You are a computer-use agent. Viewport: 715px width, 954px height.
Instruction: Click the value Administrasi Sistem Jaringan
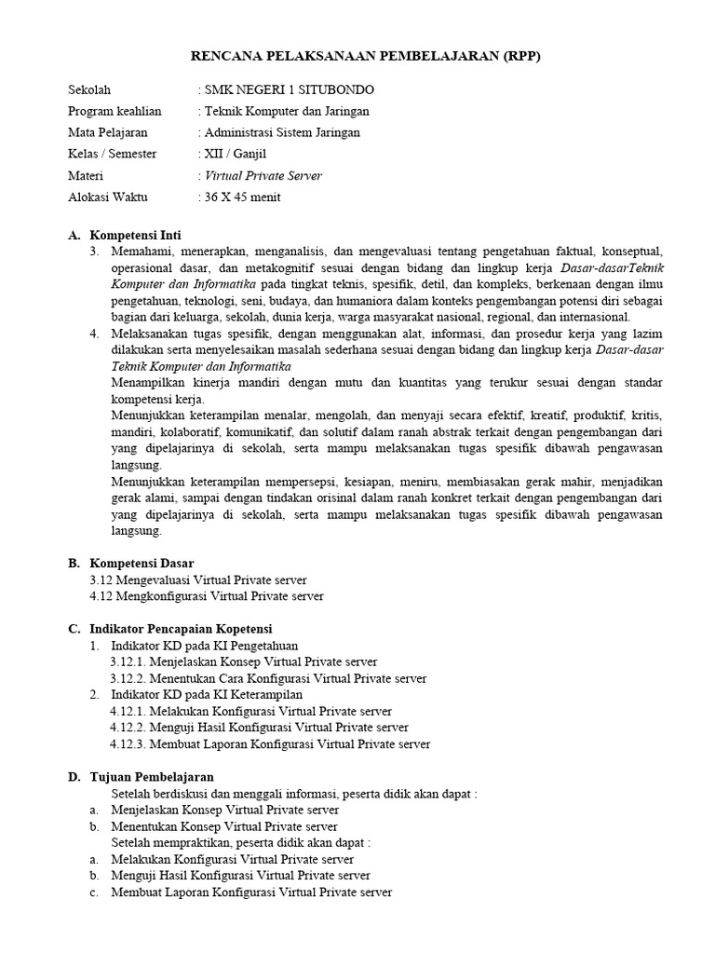click(282, 132)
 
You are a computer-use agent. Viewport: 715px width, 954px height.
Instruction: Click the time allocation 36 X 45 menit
click(242, 197)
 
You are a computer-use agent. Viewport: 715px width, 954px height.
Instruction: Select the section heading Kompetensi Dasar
click(142, 563)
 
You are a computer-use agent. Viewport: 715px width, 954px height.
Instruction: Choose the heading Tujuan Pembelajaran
click(152, 776)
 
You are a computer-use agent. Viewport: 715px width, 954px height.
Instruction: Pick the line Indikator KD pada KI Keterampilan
click(207, 694)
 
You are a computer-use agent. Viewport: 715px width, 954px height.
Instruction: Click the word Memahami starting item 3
click(141, 252)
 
